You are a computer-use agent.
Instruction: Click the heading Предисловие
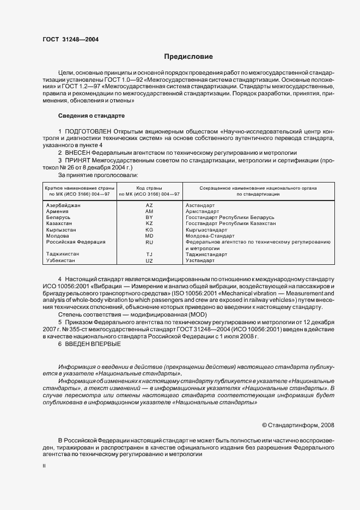[x=189, y=57]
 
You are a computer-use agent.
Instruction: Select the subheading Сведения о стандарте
[x=91, y=116]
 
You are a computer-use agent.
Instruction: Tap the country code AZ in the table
[x=149, y=205]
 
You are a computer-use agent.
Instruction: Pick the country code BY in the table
[x=149, y=217]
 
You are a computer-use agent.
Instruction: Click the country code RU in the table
[x=149, y=242]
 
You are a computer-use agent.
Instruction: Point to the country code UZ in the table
[x=149, y=260]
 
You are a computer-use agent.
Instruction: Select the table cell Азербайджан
[x=64, y=205]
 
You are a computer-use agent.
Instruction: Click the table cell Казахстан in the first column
[x=61, y=223]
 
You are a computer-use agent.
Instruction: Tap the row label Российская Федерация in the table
[x=76, y=241]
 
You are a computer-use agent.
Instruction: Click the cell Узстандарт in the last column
[x=202, y=260]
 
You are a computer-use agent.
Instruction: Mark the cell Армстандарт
[x=203, y=211]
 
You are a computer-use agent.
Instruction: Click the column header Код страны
[x=149, y=187]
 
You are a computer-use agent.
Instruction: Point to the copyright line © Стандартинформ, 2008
[x=298, y=424]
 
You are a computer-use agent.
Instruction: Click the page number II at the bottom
[x=44, y=466]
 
